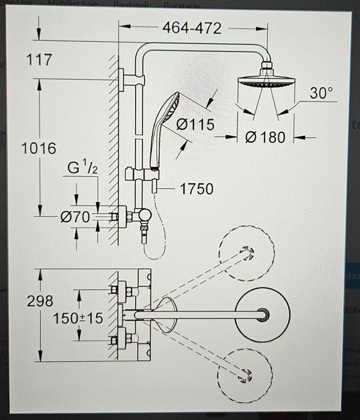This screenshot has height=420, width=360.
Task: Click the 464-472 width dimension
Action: click(192, 28)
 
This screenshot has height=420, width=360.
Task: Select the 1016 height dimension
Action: click(39, 148)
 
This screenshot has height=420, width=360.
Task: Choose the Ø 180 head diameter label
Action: click(266, 137)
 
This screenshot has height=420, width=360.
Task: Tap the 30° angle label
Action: click(322, 93)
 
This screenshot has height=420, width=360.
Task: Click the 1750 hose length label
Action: click(197, 189)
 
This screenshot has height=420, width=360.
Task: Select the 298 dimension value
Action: click(40, 300)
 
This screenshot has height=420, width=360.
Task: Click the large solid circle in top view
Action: click(263, 315)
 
